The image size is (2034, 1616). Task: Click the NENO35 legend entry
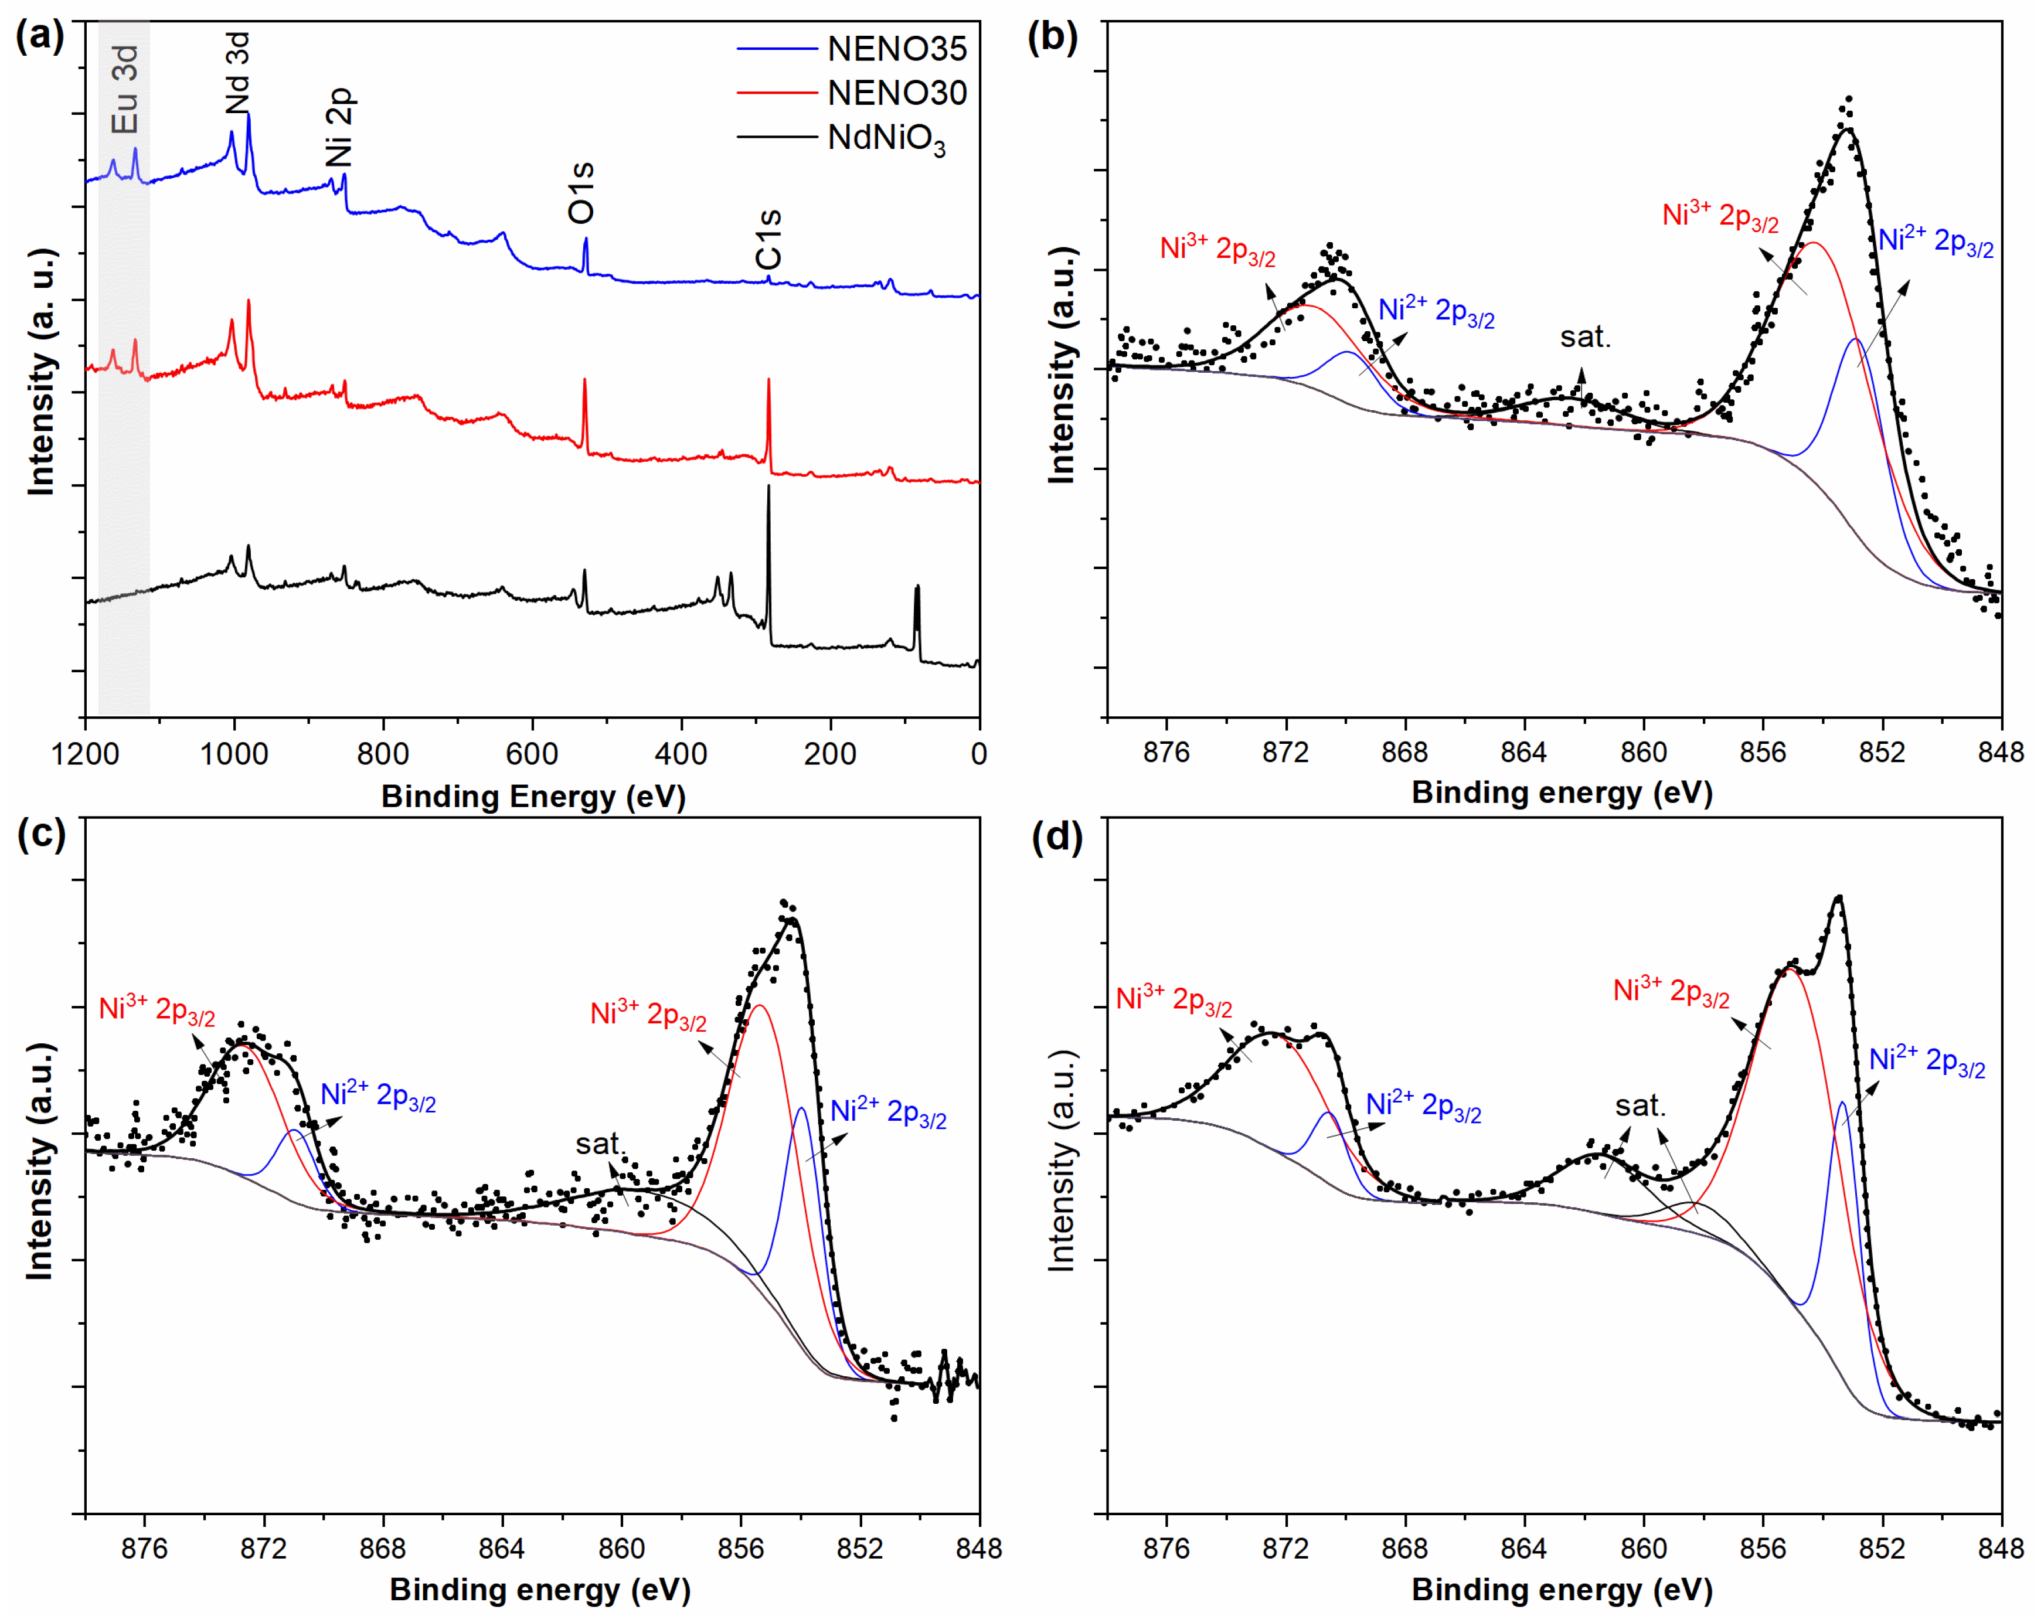(x=896, y=49)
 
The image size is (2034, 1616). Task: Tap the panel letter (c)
(x=42, y=834)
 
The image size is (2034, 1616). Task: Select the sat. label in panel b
(x=1585, y=337)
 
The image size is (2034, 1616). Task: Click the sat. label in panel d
(x=1641, y=1105)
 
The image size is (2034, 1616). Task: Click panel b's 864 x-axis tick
(x=1523, y=752)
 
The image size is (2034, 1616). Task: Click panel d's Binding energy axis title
(x=1562, y=1590)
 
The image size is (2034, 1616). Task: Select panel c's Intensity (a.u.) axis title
(x=40, y=1162)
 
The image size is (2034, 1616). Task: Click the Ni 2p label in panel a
(x=339, y=127)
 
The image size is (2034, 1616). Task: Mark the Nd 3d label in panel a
(x=238, y=74)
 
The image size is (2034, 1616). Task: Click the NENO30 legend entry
(x=896, y=93)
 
